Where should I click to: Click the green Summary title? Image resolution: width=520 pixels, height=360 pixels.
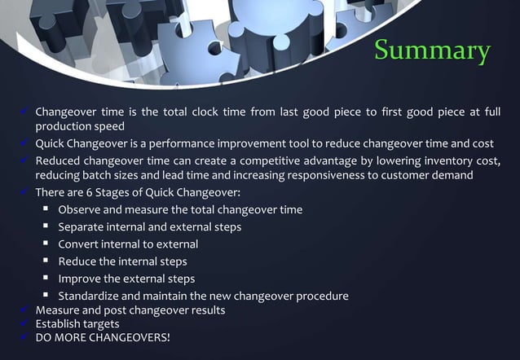pos(433,50)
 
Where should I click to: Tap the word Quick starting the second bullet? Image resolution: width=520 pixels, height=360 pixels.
pos(51,144)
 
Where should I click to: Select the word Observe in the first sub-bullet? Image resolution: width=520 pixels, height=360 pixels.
pos(80,210)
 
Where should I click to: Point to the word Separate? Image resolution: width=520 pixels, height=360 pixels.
pos(83,227)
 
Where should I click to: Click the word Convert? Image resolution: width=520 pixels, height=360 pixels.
pos(80,244)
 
